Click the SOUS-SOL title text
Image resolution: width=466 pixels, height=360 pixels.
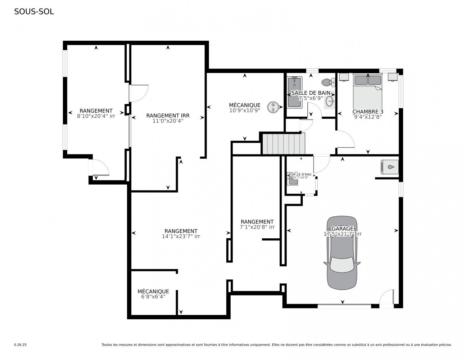(34, 12)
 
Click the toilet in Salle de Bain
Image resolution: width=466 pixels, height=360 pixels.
(328, 82)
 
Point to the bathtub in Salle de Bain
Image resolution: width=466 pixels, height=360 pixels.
(295, 92)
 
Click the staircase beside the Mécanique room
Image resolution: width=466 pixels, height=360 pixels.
(283, 144)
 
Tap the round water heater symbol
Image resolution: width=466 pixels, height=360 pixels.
(273, 107)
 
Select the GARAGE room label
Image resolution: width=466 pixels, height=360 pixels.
(342, 229)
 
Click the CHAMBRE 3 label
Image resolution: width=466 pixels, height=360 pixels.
(367, 112)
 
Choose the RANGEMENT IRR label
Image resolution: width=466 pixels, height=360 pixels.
(168, 116)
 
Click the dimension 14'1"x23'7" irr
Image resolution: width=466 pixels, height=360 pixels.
(181, 237)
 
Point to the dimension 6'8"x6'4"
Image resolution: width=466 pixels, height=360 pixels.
(153, 297)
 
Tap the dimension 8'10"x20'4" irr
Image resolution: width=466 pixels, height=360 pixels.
(96, 116)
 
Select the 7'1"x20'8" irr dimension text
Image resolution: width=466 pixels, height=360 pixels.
(257, 227)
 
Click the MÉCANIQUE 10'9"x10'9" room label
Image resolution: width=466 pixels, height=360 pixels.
(244, 105)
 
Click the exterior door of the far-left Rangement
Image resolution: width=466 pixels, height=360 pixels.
(100, 167)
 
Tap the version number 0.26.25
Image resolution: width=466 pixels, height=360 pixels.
(20, 345)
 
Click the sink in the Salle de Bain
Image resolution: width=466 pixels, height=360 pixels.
(330, 99)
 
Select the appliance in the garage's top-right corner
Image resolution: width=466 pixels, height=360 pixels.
(389, 167)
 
